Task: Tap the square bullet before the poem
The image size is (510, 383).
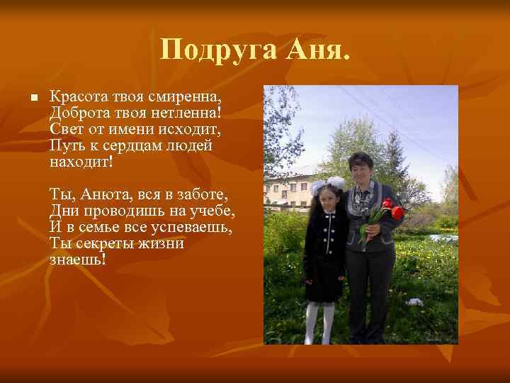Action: coord(25,97)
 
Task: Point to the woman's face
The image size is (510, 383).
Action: coord(361,171)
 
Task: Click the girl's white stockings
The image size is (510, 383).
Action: coord(319,322)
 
